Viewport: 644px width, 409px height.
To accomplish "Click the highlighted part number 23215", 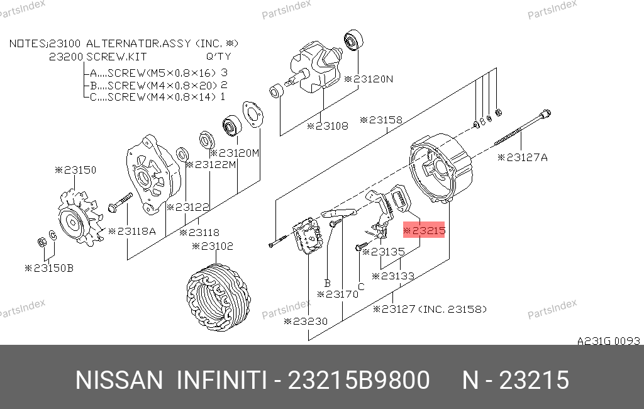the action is click(424, 230).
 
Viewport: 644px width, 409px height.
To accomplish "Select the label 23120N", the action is click(369, 79).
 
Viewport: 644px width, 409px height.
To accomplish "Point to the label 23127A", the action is click(523, 157).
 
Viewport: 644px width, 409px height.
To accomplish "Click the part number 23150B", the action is click(49, 268).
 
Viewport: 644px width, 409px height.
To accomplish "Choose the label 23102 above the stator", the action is click(213, 246).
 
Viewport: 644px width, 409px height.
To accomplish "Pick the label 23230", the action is click(306, 321).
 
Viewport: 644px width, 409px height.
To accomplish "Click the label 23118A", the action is click(132, 232).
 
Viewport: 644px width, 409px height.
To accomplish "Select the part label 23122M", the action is click(211, 165).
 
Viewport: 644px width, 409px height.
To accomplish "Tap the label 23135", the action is click(384, 251).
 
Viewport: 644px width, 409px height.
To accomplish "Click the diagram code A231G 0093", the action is click(608, 341).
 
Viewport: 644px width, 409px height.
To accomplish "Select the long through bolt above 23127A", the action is click(523, 128).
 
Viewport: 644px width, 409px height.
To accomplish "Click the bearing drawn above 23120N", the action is click(353, 40).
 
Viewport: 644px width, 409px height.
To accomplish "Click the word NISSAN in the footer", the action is click(119, 380).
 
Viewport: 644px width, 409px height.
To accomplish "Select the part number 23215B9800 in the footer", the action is click(358, 380).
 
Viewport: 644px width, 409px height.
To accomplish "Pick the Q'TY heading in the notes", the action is click(218, 56).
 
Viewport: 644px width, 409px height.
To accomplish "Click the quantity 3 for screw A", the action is click(224, 73).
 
